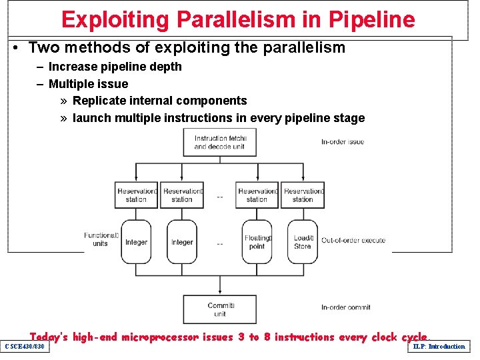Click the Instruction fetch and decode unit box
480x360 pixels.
[220, 142]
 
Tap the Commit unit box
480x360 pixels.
[220, 309]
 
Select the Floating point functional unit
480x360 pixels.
[257, 242]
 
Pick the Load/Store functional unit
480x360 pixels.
[303, 242]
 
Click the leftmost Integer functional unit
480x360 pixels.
[136, 242]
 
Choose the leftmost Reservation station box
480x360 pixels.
[136, 195]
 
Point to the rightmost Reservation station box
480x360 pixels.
[303, 195]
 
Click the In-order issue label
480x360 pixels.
[343, 142]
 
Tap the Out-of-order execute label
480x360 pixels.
[353, 240]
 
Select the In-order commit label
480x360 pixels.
[345, 307]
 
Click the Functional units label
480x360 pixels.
[101, 239]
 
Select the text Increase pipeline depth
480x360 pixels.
[115, 67]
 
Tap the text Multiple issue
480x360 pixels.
[88, 84]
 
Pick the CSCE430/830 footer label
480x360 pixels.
[25, 347]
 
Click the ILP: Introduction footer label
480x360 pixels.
[439, 347]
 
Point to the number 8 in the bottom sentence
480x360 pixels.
[267, 337]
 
